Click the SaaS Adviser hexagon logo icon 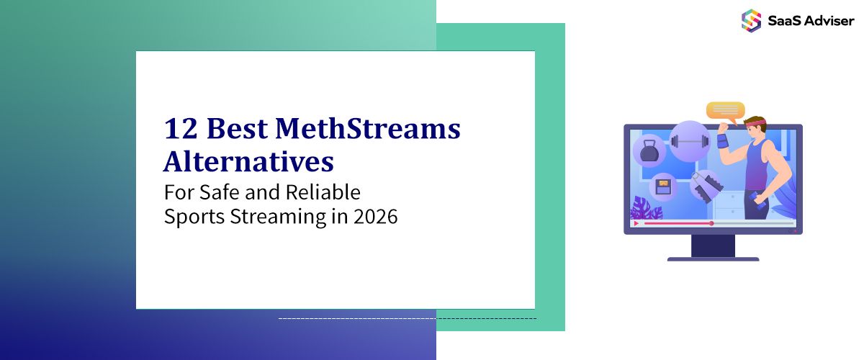pyautogui.click(x=751, y=20)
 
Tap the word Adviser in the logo pyautogui.click(x=828, y=21)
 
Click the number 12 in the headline pyautogui.click(x=181, y=130)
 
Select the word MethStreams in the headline pyautogui.click(x=368, y=130)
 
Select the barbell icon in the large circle pyautogui.click(x=690, y=141)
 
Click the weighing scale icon pyautogui.click(x=662, y=186)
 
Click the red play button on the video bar pyautogui.click(x=636, y=223)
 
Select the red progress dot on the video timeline pyautogui.click(x=711, y=223)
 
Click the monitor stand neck pyautogui.click(x=713, y=246)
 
